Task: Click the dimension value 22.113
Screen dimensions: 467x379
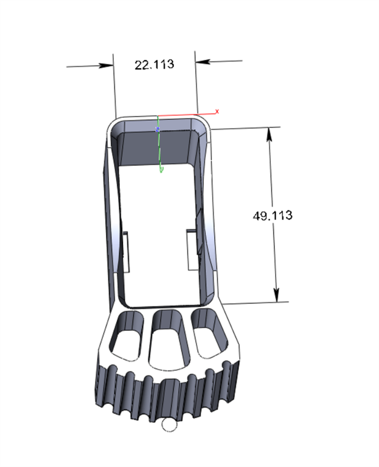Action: coord(154,64)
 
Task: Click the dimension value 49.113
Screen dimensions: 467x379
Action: coord(273,215)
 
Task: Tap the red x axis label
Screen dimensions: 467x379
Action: coord(217,112)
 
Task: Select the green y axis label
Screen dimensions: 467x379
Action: coord(161,171)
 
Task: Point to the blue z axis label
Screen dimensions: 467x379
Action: coord(158,130)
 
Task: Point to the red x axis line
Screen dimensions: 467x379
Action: coord(183,114)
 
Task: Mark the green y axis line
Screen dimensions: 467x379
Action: coord(159,149)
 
